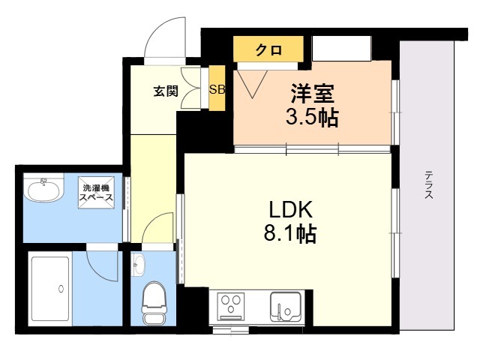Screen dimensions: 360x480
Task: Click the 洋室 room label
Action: tap(313, 95)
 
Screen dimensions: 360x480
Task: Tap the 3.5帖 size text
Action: tap(312, 118)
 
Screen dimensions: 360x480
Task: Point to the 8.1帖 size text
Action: tap(289, 233)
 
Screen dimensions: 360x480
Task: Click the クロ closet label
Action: tap(268, 50)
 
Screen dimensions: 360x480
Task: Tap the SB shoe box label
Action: tap(216, 89)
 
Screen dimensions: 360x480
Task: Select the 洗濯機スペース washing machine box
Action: tap(98, 193)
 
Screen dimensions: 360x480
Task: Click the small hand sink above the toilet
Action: tap(138, 263)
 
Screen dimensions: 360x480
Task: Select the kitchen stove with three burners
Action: tap(232, 307)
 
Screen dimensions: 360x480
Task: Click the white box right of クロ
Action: tap(342, 49)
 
